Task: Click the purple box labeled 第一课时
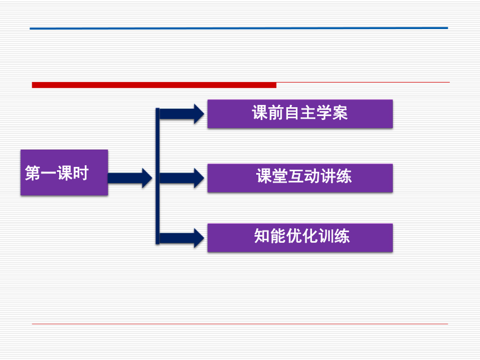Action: click(64, 172)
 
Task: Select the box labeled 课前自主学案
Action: click(300, 113)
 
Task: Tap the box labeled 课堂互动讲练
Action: click(300, 178)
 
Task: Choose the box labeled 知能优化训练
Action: click(300, 238)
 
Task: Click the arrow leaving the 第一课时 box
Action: click(130, 178)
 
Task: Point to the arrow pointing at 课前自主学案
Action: click(182, 114)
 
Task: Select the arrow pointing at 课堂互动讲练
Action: click(182, 178)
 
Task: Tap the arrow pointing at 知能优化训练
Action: click(182, 238)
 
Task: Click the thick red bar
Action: click(154, 85)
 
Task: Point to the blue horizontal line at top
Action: click(239, 28)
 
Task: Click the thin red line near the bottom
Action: click(240, 324)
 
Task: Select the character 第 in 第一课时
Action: click(33, 173)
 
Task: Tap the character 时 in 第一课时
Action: click(81, 173)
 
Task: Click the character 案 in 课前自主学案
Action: click(340, 113)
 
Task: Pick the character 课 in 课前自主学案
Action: click(260, 113)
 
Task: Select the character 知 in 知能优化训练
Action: click(262, 236)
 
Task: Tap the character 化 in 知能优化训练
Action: click(310, 236)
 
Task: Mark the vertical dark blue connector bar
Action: click(157, 176)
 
